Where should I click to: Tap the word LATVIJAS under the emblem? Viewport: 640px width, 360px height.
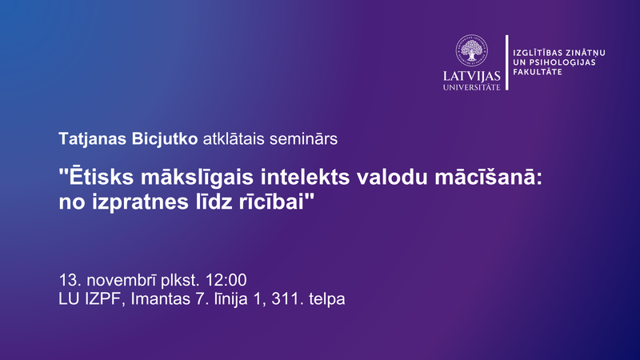click(x=472, y=77)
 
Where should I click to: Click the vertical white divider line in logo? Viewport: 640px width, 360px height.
click(x=506, y=62)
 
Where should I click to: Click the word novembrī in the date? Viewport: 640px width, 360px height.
click(x=119, y=281)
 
